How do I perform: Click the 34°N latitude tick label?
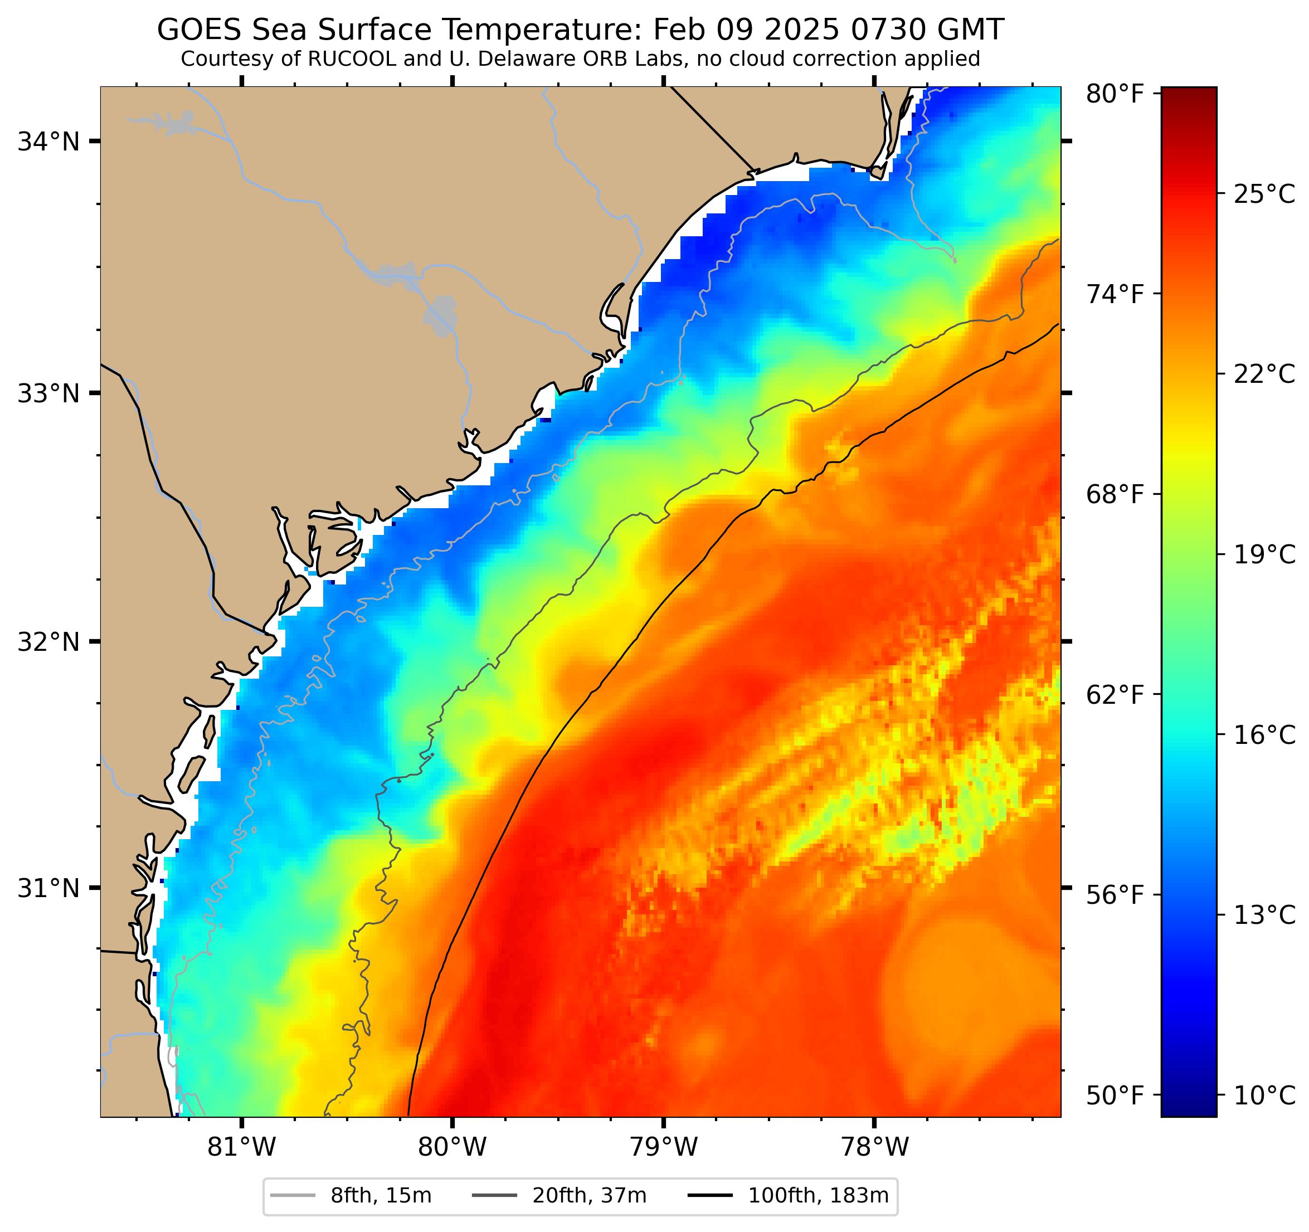point(48,142)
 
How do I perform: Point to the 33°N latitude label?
point(48,394)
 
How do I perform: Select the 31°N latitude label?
point(48,888)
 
